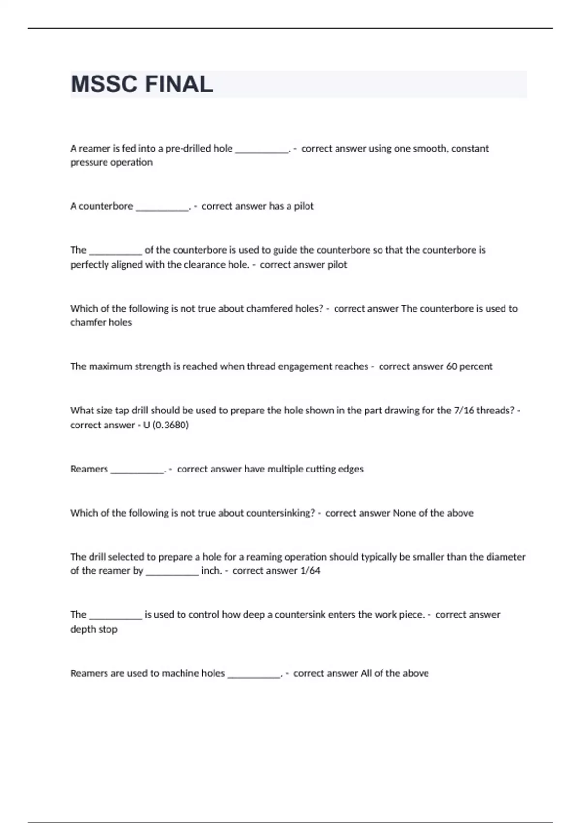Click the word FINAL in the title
pyautogui.click(x=179, y=84)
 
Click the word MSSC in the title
pyautogui.click(x=104, y=84)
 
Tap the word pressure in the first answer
pyautogui.click(x=89, y=162)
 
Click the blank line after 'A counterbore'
pyautogui.click(x=162, y=207)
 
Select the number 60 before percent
pyautogui.click(x=451, y=366)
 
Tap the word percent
pyautogui.click(x=476, y=366)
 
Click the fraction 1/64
pyautogui.click(x=310, y=571)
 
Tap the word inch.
pyautogui.click(x=211, y=571)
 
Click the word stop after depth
pyautogui.click(x=108, y=629)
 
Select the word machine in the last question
pyautogui.click(x=180, y=673)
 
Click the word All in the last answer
pyautogui.click(x=366, y=673)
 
